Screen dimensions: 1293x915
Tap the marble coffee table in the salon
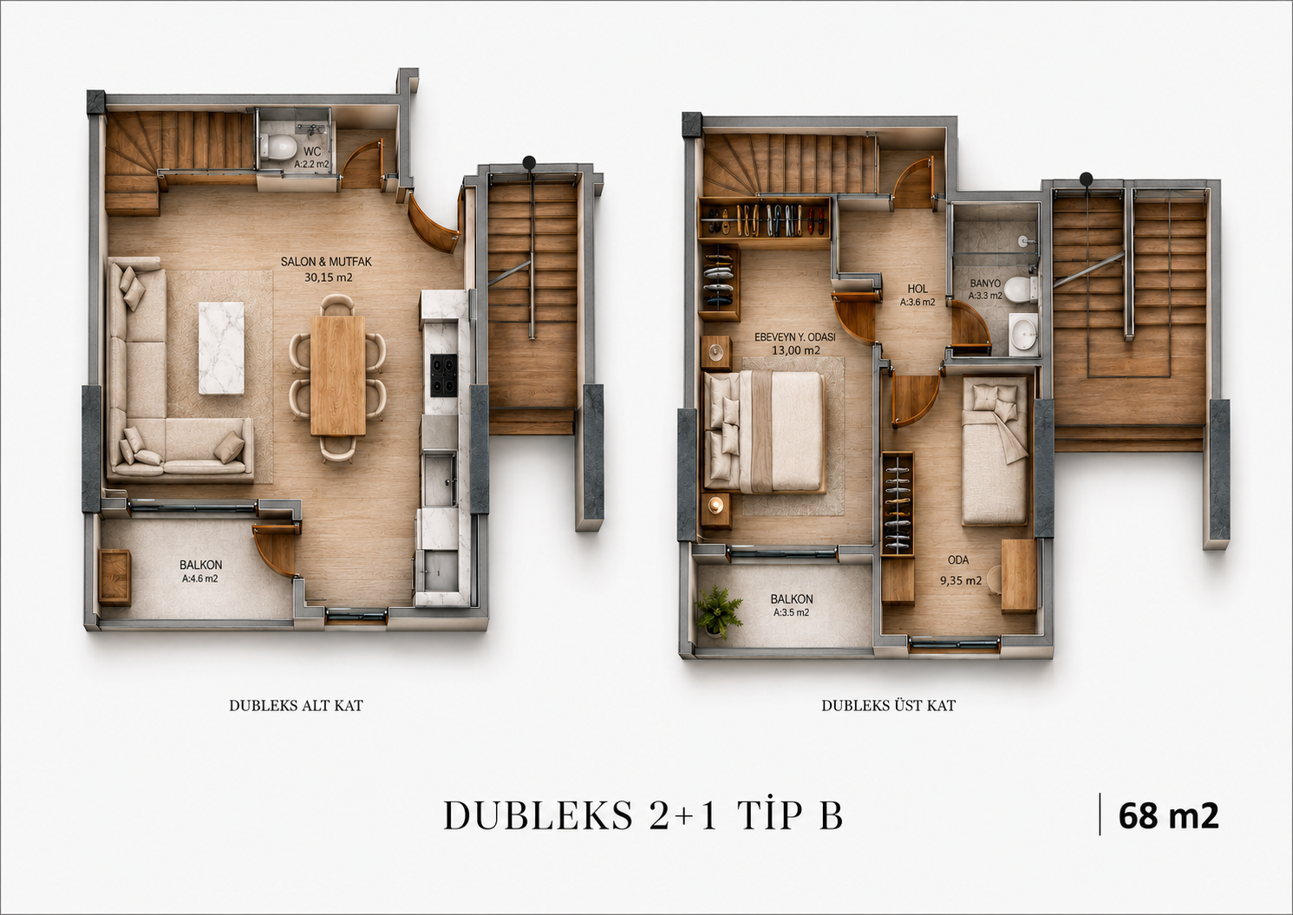point(221,349)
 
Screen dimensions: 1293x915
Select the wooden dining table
point(337,376)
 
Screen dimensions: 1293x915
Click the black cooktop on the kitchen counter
point(443,376)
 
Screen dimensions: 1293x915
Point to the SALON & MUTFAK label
point(326,262)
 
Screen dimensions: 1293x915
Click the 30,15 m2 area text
point(329,278)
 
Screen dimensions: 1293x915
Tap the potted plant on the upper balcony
point(719,611)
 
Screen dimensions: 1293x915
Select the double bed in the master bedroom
point(764,433)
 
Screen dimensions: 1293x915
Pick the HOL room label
point(918,289)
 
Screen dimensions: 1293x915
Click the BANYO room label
point(985,284)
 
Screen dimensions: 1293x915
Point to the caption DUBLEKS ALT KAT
point(296,705)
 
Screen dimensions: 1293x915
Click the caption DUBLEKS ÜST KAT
point(888,705)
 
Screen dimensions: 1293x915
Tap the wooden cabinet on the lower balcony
point(114,578)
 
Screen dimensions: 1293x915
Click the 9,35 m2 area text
point(961,581)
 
